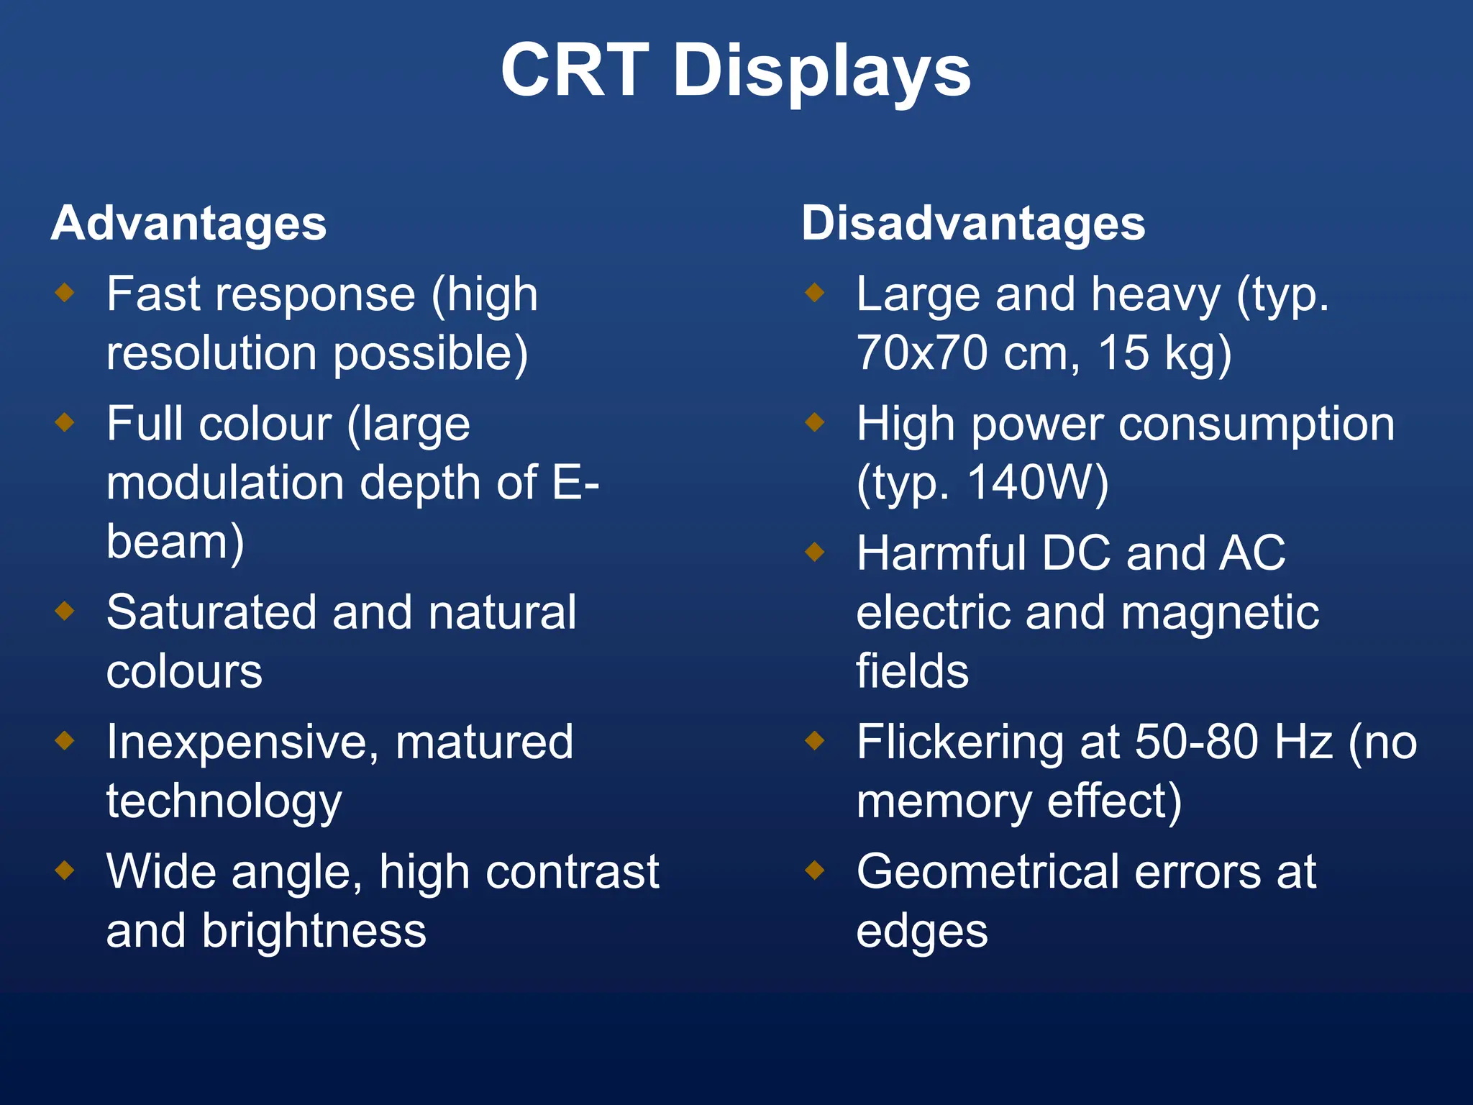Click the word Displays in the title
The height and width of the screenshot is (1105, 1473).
pyautogui.click(x=821, y=72)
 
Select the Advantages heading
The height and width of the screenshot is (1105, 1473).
pyautogui.click(x=188, y=223)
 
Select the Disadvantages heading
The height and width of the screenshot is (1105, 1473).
pyautogui.click(x=972, y=223)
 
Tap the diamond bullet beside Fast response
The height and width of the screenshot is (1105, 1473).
pyautogui.click(x=65, y=292)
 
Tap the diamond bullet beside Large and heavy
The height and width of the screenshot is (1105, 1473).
pyautogui.click(x=814, y=292)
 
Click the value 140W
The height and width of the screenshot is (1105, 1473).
pyautogui.click(x=1038, y=482)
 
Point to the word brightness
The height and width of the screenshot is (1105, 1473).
pyautogui.click(x=314, y=931)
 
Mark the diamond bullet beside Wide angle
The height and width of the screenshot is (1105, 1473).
pyautogui.click(x=65, y=870)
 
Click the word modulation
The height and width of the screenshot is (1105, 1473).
pyautogui.click(x=225, y=482)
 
